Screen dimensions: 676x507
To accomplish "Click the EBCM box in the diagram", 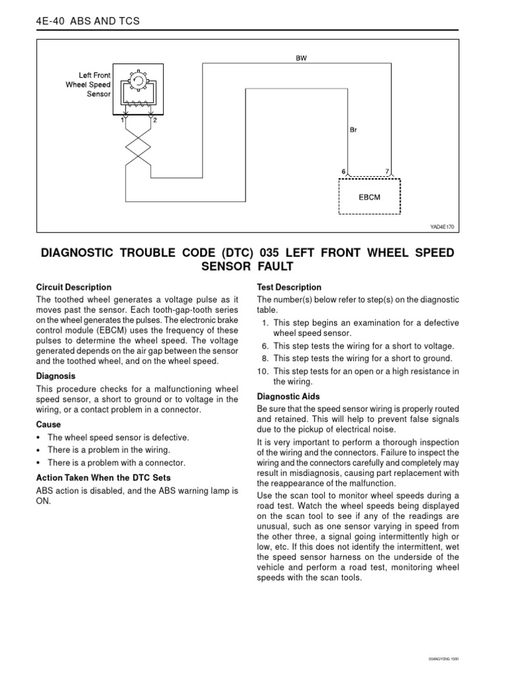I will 369,196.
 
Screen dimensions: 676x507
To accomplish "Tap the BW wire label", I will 301,58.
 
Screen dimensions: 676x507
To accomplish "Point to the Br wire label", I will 353,130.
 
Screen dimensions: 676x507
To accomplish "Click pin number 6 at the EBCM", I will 343,172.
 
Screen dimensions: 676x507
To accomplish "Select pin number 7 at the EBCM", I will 387,172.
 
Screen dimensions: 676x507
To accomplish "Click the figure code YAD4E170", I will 442,226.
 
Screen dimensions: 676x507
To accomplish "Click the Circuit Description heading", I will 73,287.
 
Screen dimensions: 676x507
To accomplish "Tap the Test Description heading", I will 288,287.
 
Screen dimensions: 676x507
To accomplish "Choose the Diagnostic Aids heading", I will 288,397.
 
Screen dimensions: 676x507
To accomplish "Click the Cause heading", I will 48,424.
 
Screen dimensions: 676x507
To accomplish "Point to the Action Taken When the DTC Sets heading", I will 103,477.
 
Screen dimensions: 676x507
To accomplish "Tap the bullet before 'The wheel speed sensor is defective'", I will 40,438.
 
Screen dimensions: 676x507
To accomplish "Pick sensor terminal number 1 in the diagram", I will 122,120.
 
